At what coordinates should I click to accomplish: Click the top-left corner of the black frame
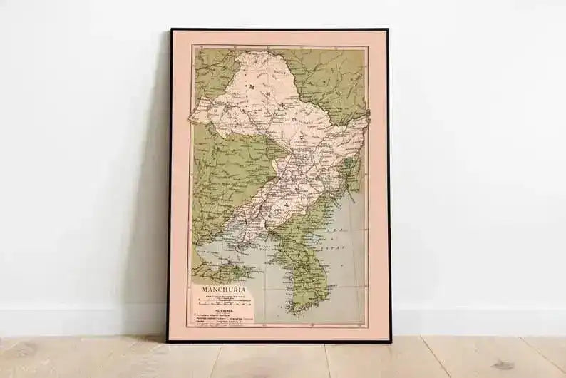[170, 30]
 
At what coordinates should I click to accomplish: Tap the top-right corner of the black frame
[388, 31]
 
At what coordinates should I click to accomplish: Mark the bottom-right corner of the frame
[390, 342]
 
